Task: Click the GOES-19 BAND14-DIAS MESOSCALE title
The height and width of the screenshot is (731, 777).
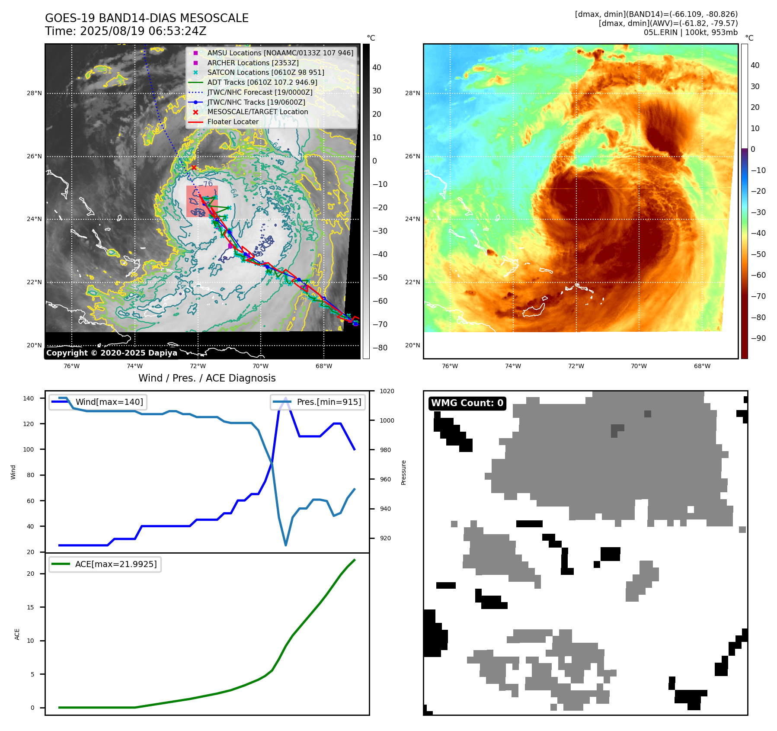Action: pyautogui.click(x=147, y=18)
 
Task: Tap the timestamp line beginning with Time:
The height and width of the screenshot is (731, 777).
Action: pyautogui.click(x=125, y=31)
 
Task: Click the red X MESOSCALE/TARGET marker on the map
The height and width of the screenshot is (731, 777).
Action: pyautogui.click(x=194, y=167)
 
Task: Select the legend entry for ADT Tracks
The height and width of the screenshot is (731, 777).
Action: pyautogui.click(x=262, y=82)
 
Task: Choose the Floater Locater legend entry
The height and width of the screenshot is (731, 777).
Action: pyautogui.click(x=233, y=122)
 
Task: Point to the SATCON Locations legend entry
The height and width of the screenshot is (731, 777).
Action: pyautogui.click(x=265, y=72)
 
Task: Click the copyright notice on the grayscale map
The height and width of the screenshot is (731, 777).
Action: pyautogui.click(x=112, y=353)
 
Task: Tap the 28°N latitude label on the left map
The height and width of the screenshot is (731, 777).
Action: pyautogui.click(x=35, y=93)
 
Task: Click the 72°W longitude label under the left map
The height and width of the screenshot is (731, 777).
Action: pyautogui.click(x=198, y=366)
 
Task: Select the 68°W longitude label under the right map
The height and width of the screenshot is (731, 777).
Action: pyautogui.click(x=702, y=366)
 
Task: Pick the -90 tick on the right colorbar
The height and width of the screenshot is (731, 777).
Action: pyautogui.click(x=758, y=338)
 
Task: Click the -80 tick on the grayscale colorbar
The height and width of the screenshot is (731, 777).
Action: pyautogui.click(x=380, y=348)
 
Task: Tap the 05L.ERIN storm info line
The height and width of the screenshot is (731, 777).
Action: pyautogui.click(x=691, y=32)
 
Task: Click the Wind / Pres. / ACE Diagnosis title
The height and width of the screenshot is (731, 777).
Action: pyautogui.click(x=207, y=378)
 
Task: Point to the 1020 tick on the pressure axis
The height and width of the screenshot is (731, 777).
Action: pyautogui.click(x=387, y=391)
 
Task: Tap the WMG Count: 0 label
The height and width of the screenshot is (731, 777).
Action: pyautogui.click(x=467, y=403)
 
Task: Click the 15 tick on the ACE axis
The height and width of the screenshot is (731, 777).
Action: pyautogui.click(x=30, y=607)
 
